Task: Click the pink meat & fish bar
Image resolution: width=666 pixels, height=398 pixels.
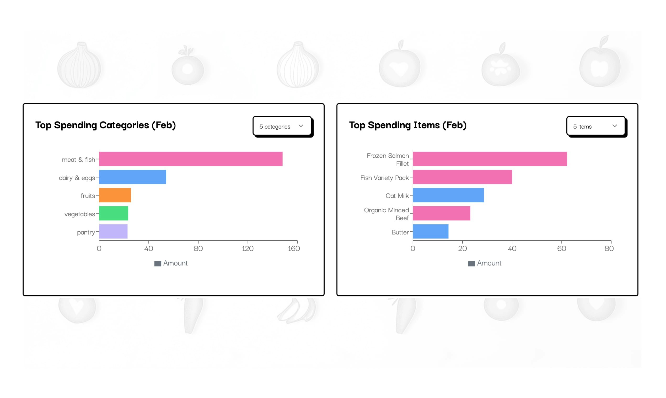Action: click(x=191, y=159)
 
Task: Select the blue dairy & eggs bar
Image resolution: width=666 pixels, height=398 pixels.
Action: click(x=132, y=177)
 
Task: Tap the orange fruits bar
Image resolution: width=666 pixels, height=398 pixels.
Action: click(x=115, y=195)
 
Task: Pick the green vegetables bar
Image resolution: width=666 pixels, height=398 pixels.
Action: click(x=113, y=213)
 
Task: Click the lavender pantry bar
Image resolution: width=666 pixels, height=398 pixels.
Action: click(x=113, y=231)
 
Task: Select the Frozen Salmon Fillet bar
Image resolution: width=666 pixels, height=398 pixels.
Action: click(x=490, y=159)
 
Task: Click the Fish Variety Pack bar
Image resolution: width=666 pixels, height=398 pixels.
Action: click(x=462, y=177)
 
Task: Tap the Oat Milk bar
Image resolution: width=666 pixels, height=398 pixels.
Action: click(x=448, y=195)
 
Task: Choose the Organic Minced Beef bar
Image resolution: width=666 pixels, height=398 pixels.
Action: click(x=441, y=213)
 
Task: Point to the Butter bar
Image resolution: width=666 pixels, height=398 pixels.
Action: click(x=431, y=231)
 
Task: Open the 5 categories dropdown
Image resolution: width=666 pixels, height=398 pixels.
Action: click(x=282, y=126)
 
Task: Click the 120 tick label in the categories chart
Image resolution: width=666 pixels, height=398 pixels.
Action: click(x=247, y=248)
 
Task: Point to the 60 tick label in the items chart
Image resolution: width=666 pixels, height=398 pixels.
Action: click(x=561, y=248)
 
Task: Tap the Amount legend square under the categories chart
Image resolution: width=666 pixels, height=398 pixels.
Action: click(x=158, y=263)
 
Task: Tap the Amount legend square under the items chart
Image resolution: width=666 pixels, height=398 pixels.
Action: click(x=471, y=263)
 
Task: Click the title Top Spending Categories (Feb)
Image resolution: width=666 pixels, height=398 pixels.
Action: click(x=106, y=125)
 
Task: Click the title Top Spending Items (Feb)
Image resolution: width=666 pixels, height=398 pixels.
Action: click(x=407, y=125)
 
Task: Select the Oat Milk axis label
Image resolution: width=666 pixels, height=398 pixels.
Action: click(x=397, y=196)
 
